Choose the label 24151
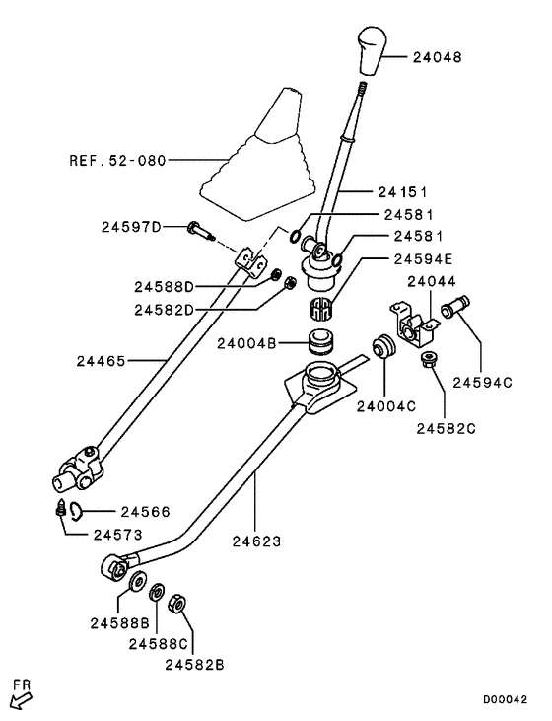pos(406,191)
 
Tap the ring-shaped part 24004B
pos(318,344)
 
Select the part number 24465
pos(103,361)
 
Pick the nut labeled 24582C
pos(430,360)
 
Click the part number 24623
pos(259,541)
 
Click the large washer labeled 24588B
pos(137,581)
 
